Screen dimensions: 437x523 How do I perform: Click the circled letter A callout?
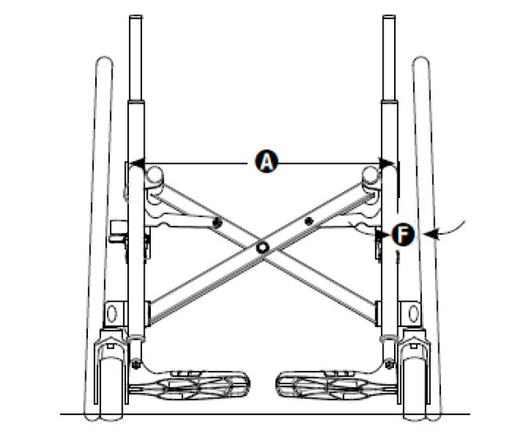coord(266,161)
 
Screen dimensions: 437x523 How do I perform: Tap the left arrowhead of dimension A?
coord(136,162)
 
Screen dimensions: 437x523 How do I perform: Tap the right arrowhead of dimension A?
coord(387,162)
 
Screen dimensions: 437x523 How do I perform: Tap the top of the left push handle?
coord(135,19)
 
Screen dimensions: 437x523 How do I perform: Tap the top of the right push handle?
coord(389,19)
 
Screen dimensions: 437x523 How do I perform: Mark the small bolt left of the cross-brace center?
coord(217,223)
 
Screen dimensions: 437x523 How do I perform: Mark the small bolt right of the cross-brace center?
coord(308,223)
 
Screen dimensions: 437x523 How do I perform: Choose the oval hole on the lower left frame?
coord(112,311)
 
